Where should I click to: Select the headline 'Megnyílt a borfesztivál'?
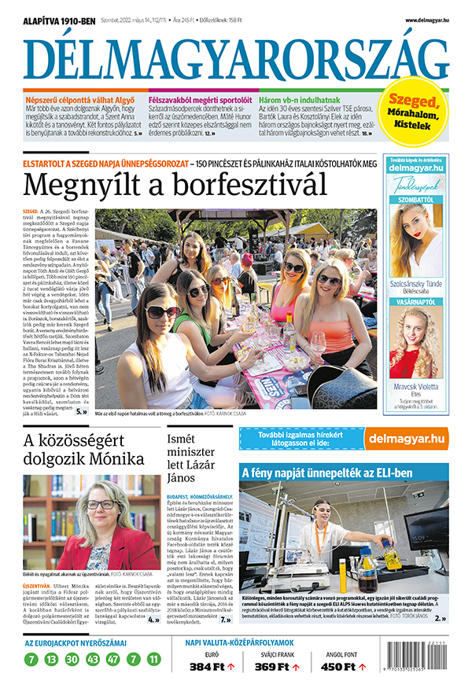(x=175, y=186)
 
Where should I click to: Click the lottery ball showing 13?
(x=51, y=658)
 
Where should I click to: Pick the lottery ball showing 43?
(x=93, y=658)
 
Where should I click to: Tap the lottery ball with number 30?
(x=72, y=658)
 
